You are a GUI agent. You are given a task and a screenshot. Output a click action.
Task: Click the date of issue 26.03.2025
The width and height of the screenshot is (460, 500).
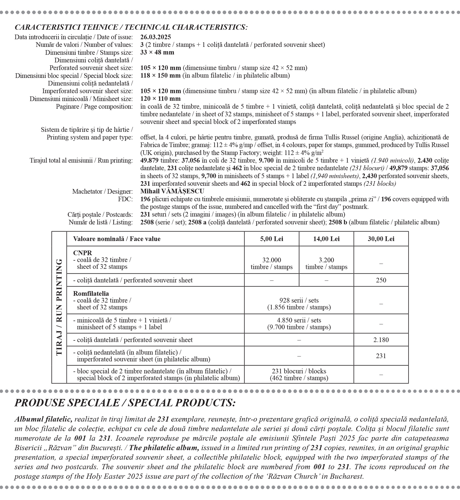tap(156, 37)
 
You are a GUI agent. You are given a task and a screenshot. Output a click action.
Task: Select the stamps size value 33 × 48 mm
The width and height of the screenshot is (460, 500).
tap(157, 52)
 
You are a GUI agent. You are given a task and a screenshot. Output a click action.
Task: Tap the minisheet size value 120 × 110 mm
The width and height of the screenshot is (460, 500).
tap(161, 99)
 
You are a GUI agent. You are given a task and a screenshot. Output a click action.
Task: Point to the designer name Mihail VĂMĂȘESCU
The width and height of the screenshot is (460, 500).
tap(172, 191)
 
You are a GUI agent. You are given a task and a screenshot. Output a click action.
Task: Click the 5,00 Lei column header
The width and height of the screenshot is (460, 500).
tap(272, 239)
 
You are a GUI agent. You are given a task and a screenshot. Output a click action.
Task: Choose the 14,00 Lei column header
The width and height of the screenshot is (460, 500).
tap(326, 239)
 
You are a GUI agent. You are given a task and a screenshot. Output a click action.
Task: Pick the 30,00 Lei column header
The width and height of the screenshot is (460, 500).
tap(381, 239)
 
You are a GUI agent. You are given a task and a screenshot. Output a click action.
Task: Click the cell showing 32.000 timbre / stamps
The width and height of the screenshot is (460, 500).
tap(272, 263)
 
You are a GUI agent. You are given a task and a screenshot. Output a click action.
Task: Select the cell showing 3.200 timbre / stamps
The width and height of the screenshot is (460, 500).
tap(326, 263)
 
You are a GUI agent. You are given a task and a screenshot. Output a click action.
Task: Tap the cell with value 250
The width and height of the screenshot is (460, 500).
tap(381, 280)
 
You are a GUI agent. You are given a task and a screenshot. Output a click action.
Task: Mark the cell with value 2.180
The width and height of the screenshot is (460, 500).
tap(381, 340)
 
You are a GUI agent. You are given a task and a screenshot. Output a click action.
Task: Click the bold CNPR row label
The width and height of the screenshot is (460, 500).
tap(83, 253)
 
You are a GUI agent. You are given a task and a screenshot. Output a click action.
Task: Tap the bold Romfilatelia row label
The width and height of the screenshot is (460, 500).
tap(91, 294)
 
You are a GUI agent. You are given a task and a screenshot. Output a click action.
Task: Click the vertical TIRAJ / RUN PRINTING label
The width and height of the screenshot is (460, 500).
tap(59, 307)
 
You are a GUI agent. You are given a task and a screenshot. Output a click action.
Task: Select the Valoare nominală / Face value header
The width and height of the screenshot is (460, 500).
tap(117, 239)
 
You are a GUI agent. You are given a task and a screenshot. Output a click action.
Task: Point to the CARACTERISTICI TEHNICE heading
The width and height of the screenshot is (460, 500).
tap(131, 27)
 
